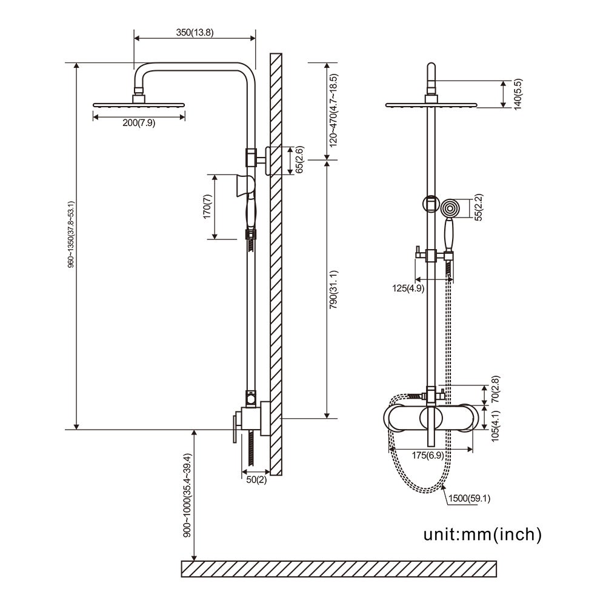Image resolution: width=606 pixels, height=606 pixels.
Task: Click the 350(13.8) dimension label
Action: click(x=194, y=33)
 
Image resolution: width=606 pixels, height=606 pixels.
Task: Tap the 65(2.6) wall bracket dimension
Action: click(x=299, y=160)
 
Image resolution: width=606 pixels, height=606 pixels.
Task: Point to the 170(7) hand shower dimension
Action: click(x=207, y=207)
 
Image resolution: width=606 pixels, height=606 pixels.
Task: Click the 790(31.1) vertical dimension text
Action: click(x=334, y=289)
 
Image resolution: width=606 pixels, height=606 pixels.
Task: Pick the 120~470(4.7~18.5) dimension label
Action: click(x=334, y=111)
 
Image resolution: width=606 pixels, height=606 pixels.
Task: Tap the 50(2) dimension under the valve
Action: click(x=256, y=480)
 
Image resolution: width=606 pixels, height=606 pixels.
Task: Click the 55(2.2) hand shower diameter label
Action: click(x=479, y=208)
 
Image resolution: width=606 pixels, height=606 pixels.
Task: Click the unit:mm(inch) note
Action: click(x=482, y=534)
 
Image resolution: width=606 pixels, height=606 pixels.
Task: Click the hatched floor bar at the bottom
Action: click(x=339, y=568)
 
